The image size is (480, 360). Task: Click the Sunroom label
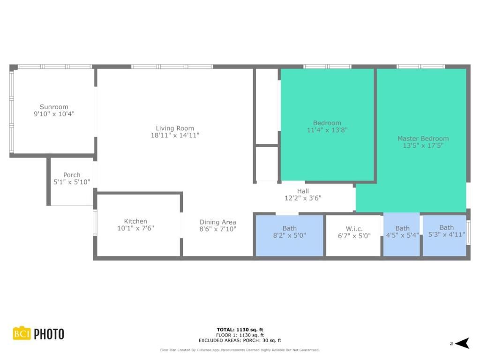point(54,107)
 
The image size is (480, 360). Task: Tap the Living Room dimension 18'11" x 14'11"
point(175,135)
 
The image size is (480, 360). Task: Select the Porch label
point(72,175)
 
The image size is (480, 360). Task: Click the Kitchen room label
point(135,221)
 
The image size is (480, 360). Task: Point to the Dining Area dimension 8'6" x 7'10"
point(218,229)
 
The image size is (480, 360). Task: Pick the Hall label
point(303,191)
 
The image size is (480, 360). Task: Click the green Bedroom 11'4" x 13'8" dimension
point(327,130)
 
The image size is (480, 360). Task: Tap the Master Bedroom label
point(423,138)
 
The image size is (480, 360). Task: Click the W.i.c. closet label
point(354,229)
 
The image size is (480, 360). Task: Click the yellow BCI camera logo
point(21,333)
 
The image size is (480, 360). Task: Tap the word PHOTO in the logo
point(49,334)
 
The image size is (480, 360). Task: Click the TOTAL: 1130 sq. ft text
point(240,330)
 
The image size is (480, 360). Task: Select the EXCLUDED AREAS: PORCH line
point(240,341)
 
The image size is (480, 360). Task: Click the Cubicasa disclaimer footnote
point(240,350)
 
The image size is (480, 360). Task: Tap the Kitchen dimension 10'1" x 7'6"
point(135,228)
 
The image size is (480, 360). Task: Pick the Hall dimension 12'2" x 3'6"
point(303,198)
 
